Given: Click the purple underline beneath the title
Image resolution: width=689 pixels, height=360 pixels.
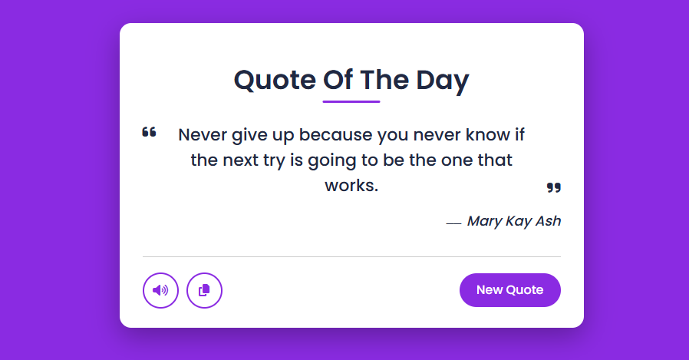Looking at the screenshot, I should [351, 101].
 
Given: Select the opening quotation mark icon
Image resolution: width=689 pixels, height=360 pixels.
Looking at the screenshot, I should [149, 133].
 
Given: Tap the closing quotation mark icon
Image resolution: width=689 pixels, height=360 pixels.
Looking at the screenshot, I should [553, 187].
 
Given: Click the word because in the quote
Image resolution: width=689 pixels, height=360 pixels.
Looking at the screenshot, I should [336, 135].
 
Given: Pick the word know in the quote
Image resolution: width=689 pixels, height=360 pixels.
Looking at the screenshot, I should [485, 135].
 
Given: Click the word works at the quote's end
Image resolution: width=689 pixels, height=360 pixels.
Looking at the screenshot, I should [351, 186].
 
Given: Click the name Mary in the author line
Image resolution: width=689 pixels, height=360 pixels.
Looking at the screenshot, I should [484, 221].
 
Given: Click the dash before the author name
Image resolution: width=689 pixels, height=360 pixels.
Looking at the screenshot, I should [453, 223].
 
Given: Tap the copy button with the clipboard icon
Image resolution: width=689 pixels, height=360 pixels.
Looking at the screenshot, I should [204, 290].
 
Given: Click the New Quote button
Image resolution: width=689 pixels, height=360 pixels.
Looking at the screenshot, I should [509, 290].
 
